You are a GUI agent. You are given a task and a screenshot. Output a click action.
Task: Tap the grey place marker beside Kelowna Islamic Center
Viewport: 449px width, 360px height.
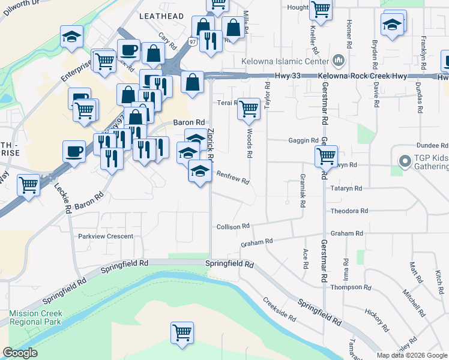[337, 61]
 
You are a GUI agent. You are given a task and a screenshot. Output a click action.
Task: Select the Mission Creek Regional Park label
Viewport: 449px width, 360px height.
[35, 317]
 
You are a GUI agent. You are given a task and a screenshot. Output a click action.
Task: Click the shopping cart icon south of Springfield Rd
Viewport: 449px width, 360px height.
[182, 332]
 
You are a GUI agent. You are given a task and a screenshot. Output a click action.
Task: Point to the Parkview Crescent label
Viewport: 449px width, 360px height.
[106, 236]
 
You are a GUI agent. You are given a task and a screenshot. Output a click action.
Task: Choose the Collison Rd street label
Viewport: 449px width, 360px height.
[233, 226]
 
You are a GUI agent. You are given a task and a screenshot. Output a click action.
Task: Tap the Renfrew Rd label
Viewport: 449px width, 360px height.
[232, 177]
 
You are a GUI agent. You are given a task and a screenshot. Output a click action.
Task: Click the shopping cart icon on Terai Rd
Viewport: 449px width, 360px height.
[249, 109]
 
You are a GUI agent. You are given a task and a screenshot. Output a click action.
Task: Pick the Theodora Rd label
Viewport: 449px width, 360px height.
[349, 211]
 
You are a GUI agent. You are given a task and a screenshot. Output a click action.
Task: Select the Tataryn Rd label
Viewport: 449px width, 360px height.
[346, 188]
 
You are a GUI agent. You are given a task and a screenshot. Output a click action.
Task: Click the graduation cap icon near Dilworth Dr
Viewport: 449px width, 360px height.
[71, 37]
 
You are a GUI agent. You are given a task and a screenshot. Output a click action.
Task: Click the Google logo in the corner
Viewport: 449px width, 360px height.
[20, 353]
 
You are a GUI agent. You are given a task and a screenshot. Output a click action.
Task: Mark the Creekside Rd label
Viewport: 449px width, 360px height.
[280, 308]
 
